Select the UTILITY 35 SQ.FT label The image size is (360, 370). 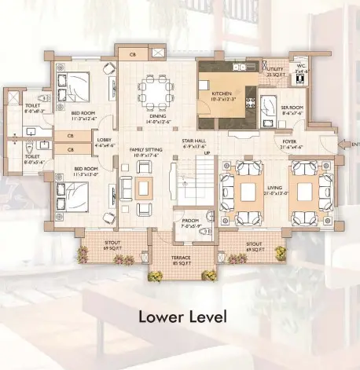274,71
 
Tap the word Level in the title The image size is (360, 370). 207,317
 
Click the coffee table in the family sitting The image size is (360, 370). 143,188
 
